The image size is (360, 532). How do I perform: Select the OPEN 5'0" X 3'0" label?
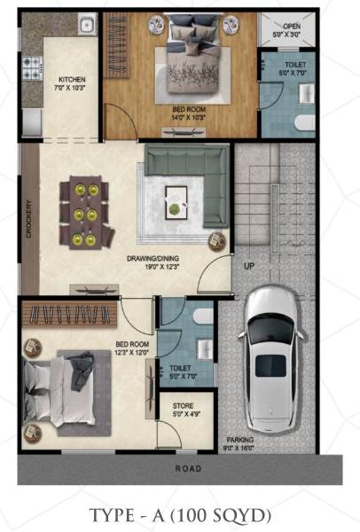(x=292, y=31)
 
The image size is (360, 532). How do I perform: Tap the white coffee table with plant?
(x=176, y=199)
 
